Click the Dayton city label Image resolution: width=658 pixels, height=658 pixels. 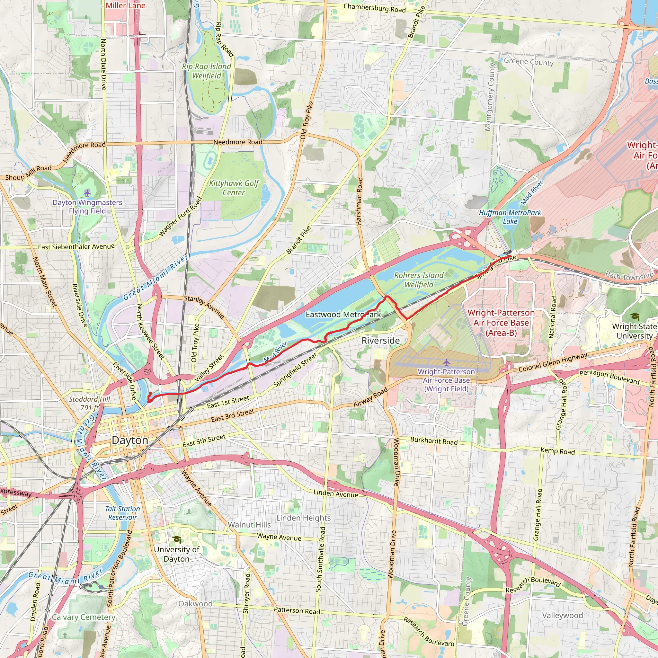point(130,440)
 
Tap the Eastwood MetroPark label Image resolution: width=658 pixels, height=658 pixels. point(343,314)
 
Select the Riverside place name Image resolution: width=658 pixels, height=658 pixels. point(380,341)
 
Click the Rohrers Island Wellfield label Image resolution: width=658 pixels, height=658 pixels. point(419,280)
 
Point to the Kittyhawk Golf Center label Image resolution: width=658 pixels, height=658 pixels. point(234,188)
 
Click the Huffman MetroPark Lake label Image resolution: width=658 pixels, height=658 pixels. point(510,217)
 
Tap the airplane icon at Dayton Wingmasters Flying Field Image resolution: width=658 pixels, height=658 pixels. point(87,193)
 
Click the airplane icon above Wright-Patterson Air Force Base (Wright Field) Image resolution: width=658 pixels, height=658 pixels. point(446,362)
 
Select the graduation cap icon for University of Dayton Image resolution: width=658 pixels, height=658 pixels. point(176,539)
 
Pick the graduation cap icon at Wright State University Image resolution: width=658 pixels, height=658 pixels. point(635,316)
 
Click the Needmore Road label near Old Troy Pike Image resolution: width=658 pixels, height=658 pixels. point(238,142)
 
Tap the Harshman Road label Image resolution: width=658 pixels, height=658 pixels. point(359,201)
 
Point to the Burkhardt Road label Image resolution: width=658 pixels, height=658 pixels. point(433,441)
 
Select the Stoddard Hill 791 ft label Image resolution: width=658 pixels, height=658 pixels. point(89,403)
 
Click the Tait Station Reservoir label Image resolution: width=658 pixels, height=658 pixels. point(122,513)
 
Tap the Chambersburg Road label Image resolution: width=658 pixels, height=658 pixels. point(374,8)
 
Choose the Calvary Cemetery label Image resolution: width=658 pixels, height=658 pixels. point(84,617)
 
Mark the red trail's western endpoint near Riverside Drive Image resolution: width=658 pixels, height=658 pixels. point(149,401)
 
